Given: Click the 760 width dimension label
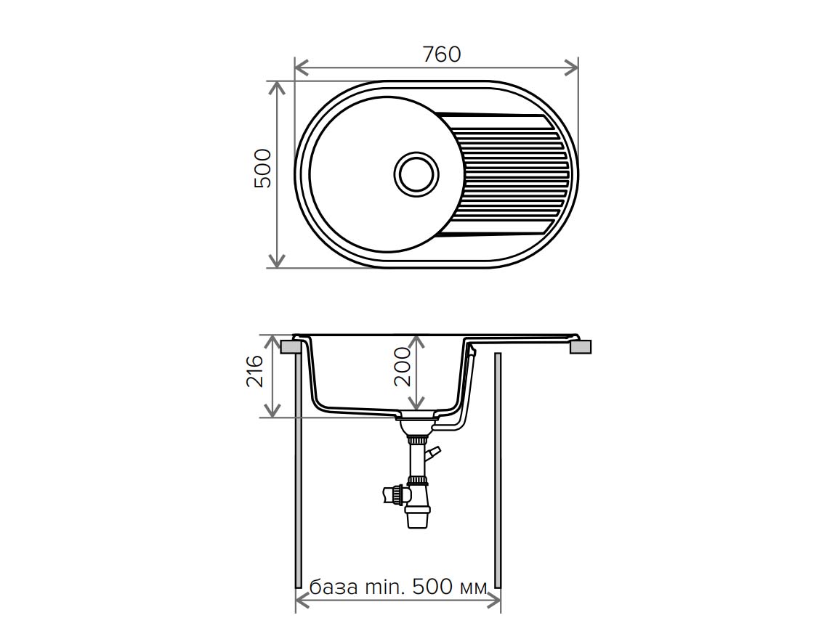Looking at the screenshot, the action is coord(442,54).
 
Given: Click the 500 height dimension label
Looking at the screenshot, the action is coord(263,168).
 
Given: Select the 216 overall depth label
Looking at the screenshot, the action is coord(255,370).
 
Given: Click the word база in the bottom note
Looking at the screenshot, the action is coord(334,587).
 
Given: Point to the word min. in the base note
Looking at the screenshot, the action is coord(386,586).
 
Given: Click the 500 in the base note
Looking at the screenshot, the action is coord(432,586).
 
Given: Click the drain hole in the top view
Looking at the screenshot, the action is coord(417,174).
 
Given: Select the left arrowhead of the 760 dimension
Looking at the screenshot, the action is coord(301,68).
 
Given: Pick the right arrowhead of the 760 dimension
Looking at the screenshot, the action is coord(571,68).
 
